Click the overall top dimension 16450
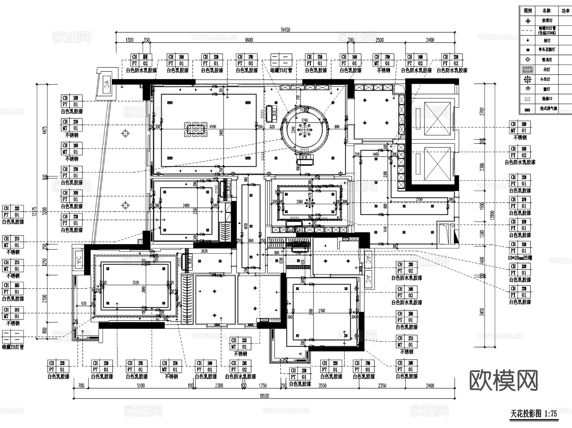pyautogui.click(x=285, y=30)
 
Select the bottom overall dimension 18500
pyautogui.click(x=264, y=396)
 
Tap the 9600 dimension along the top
pyautogui.click(x=249, y=40)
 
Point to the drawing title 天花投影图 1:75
pyautogui.click(x=534, y=414)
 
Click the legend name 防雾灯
pyautogui.click(x=547, y=21)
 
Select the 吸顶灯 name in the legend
pyautogui.click(x=547, y=60)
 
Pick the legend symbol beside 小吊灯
pyautogui.click(x=528, y=79)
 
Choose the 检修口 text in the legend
pyautogui.click(x=547, y=99)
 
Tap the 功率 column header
pyautogui.click(x=565, y=11)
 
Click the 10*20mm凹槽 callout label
pyautogui.click(x=520, y=258)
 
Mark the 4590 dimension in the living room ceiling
pyautogui.click(x=213, y=126)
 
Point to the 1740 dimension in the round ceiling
pyautogui.click(x=304, y=120)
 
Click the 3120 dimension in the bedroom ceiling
pyautogui.click(x=136, y=282)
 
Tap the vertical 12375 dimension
pyautogui.click(x=34, y=213)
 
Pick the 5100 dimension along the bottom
pyautogui.click(x=140, y=386)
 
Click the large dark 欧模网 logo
pyautogui.click(x=503, y=380)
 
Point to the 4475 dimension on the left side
pyautogui.click(x=45, y=130)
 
